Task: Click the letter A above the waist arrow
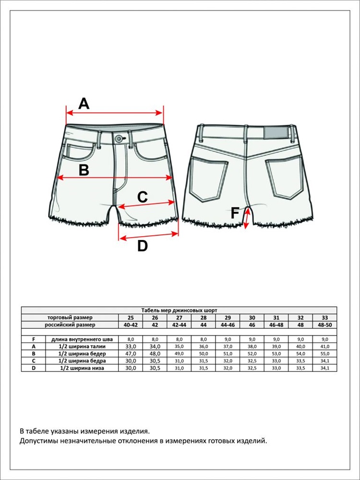(84, 104)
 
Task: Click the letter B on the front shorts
(84, 170)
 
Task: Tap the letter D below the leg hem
(143, 246)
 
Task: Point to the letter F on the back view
(235, 213)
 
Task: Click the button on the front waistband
(118, 139)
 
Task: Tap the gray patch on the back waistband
(276, 133)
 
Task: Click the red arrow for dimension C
(146, 205)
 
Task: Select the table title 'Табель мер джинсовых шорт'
(179, 310)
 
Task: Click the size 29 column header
(228, 318)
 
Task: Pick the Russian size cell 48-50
(325, 325)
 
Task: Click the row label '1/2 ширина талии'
(82, 347)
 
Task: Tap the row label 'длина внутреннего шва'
(82, 339)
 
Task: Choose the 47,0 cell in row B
(131, 354)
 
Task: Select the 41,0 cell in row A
(325, 347)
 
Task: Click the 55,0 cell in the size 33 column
(325, 354)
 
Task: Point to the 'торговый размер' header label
(70, 317)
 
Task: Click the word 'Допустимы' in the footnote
(38, 442)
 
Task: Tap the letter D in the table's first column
(34, 368)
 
